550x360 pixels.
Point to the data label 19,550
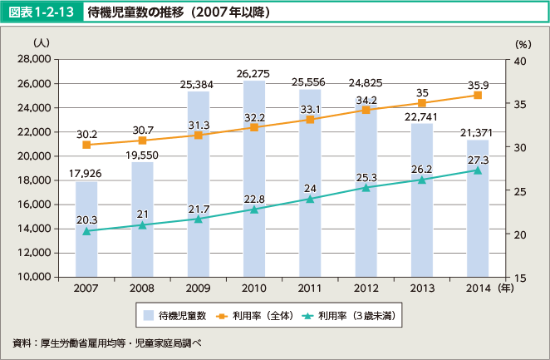point(142,155)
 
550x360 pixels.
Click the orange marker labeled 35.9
point(478,96)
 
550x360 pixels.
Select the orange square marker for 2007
point(86,145)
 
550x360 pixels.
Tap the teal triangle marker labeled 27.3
point(478,170)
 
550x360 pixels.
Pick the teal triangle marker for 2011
point(310,199)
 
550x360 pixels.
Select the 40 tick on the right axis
point(519,61)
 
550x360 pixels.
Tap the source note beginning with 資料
point(108,343)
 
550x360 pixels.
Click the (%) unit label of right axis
point(523,43)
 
